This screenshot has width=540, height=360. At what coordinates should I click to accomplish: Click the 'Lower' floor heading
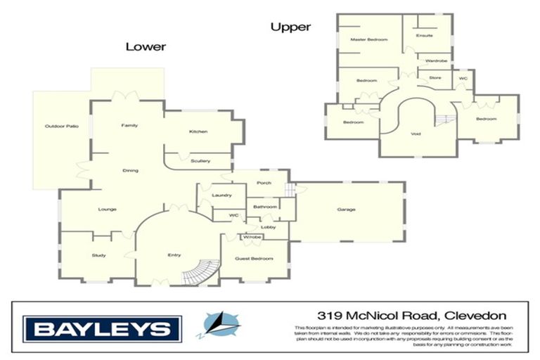(x=146, y=47)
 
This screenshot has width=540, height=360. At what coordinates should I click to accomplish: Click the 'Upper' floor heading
(x=290, y=27)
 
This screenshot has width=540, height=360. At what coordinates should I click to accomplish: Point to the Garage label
(x=346, y=210)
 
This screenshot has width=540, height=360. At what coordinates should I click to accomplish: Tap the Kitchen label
(x=198, y=131)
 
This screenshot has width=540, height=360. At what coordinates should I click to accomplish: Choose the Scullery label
(x=200, y=161)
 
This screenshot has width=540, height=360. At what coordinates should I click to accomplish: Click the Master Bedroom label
(x=369, y=40)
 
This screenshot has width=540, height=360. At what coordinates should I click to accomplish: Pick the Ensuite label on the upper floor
(x=424, y=35)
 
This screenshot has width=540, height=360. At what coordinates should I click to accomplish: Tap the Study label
(x=98, y=255)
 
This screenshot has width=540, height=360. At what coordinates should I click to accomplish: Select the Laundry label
(x=222, y=195)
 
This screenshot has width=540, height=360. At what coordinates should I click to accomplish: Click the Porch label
(x=264, y=183)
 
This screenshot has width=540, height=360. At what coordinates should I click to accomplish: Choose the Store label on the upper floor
(x=435, y=77)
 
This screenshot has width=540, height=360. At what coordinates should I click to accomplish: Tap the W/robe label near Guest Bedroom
(x=252, y=237)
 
